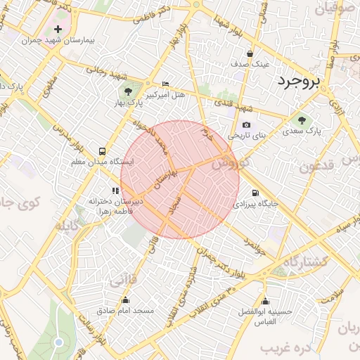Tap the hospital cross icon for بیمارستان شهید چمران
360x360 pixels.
click(x=58, y=30)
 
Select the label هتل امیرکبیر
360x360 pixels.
click(x=166, y=94)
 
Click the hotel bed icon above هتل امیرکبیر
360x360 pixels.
click(x=165, y=84)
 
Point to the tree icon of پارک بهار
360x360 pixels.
click(x=128, y=91)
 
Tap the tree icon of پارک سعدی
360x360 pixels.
click(x=302, y=120)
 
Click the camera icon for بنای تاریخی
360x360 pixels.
click(x=246, y=124)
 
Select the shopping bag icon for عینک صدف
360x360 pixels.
click(x=250, y=53)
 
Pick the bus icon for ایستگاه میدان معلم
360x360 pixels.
click(x=103, y=151)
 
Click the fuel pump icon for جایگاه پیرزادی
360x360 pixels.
click(x=254, y=193)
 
